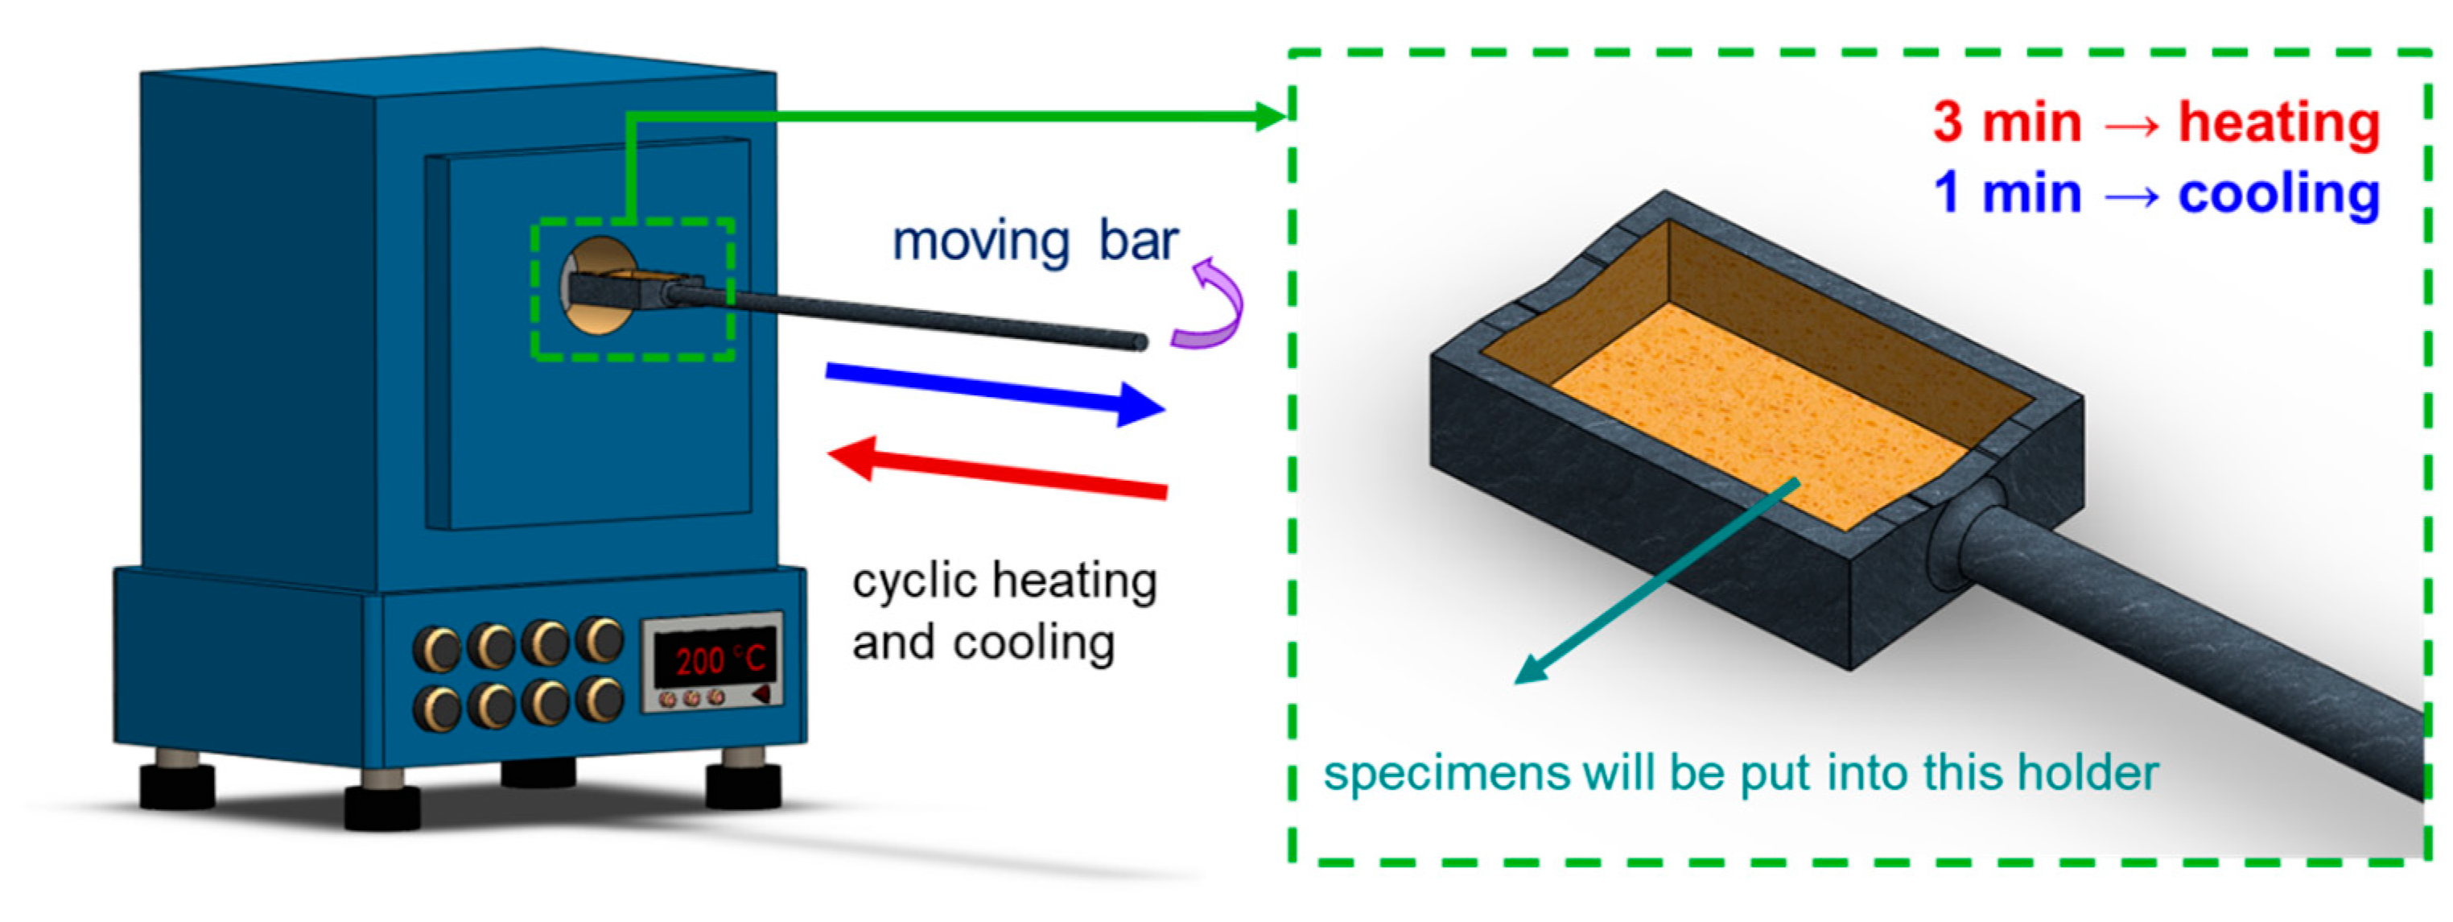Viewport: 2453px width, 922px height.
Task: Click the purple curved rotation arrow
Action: (1211, 305)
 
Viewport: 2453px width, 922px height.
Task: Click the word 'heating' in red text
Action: (2278, 124)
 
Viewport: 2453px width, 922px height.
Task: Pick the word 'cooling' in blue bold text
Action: (2278, 194)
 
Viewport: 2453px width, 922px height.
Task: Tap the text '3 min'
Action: (2006, 124)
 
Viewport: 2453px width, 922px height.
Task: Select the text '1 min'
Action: (2006, 194)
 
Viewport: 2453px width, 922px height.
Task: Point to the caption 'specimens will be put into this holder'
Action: (1741, 772)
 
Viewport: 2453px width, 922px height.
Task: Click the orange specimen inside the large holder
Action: (1752, 410)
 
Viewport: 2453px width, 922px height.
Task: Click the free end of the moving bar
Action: (1138, 341)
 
